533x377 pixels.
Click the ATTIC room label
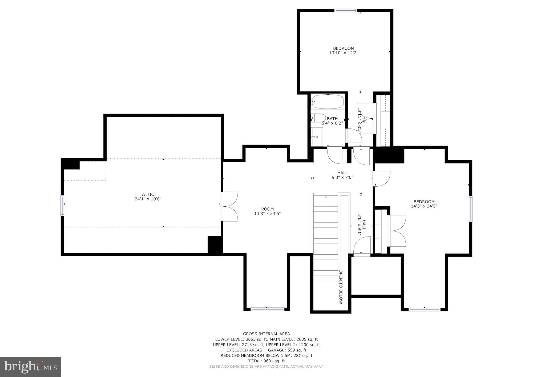(x=148, y=194)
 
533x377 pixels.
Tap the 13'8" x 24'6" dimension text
(x=267, y=214)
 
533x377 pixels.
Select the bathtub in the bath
(x=328, y=102)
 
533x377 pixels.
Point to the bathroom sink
(x=317, y=137)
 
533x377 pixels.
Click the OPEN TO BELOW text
(x=341, y=287)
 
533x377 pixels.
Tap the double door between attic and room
(x=230, y=206)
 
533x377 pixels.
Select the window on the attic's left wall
(x=62, y=206)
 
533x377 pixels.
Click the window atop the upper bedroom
(x=345, y=11)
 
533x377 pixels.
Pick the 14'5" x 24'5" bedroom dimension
(x=424, y=206)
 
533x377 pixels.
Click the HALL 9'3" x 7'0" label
(x=342, y=175)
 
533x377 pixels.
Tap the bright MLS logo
(x=31, y=367)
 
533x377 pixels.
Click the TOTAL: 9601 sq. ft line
(x=266, y=361)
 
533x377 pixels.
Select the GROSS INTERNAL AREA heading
(x=266, y=334)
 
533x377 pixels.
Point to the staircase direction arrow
(x=326, y=197)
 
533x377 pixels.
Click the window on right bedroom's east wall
(x=471, y=209)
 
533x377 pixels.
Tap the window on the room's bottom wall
(x=267, y=309)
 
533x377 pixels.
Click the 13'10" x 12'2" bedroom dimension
(x=344, y=53)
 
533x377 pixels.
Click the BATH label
(x=332, y=119)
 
